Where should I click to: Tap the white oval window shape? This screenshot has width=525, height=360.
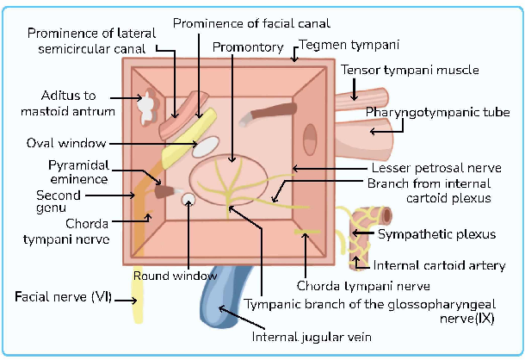[x=205, y=146]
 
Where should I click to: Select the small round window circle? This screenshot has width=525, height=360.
[x=188, y=199]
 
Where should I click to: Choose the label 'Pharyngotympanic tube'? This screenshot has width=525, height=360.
[x=438, y=113]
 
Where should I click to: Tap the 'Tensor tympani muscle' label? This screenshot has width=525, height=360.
[x=410, y=71]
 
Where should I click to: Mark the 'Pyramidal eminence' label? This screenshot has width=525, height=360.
[x=77, y=171]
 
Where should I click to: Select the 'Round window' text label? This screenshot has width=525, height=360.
[x=175, y=276]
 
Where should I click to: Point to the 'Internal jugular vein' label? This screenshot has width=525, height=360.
[x=312, y=336]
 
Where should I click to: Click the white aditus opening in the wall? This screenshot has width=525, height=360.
[x=150, y=106]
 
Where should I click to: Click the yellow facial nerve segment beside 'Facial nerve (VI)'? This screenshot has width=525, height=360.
[x=137, y=306]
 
